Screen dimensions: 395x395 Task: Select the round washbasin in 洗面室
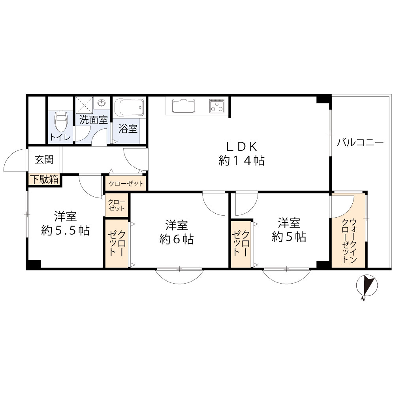(x=102, y=103)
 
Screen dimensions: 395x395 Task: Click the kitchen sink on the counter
(x=184, y=106)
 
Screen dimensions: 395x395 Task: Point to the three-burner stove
(x=216, y=106)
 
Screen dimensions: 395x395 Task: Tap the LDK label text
(x=242, y=147)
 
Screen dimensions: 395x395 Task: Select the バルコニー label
(x=360, y=143)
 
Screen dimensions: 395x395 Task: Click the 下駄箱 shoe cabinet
(x=45, y=180)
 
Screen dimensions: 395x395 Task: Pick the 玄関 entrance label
(x=44, y=160)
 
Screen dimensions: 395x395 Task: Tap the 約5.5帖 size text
(x=65, y=230)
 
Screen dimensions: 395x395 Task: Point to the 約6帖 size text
(x=176, y=239)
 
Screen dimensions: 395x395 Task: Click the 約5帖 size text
(x=289, y=237)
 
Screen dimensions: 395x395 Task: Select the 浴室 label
(x=128, y=129)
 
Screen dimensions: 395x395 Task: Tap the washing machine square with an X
(x=85, y=105)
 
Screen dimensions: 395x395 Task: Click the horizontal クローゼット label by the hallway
(x=126, y=183)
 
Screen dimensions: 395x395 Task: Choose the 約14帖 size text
(x=241, y=160)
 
